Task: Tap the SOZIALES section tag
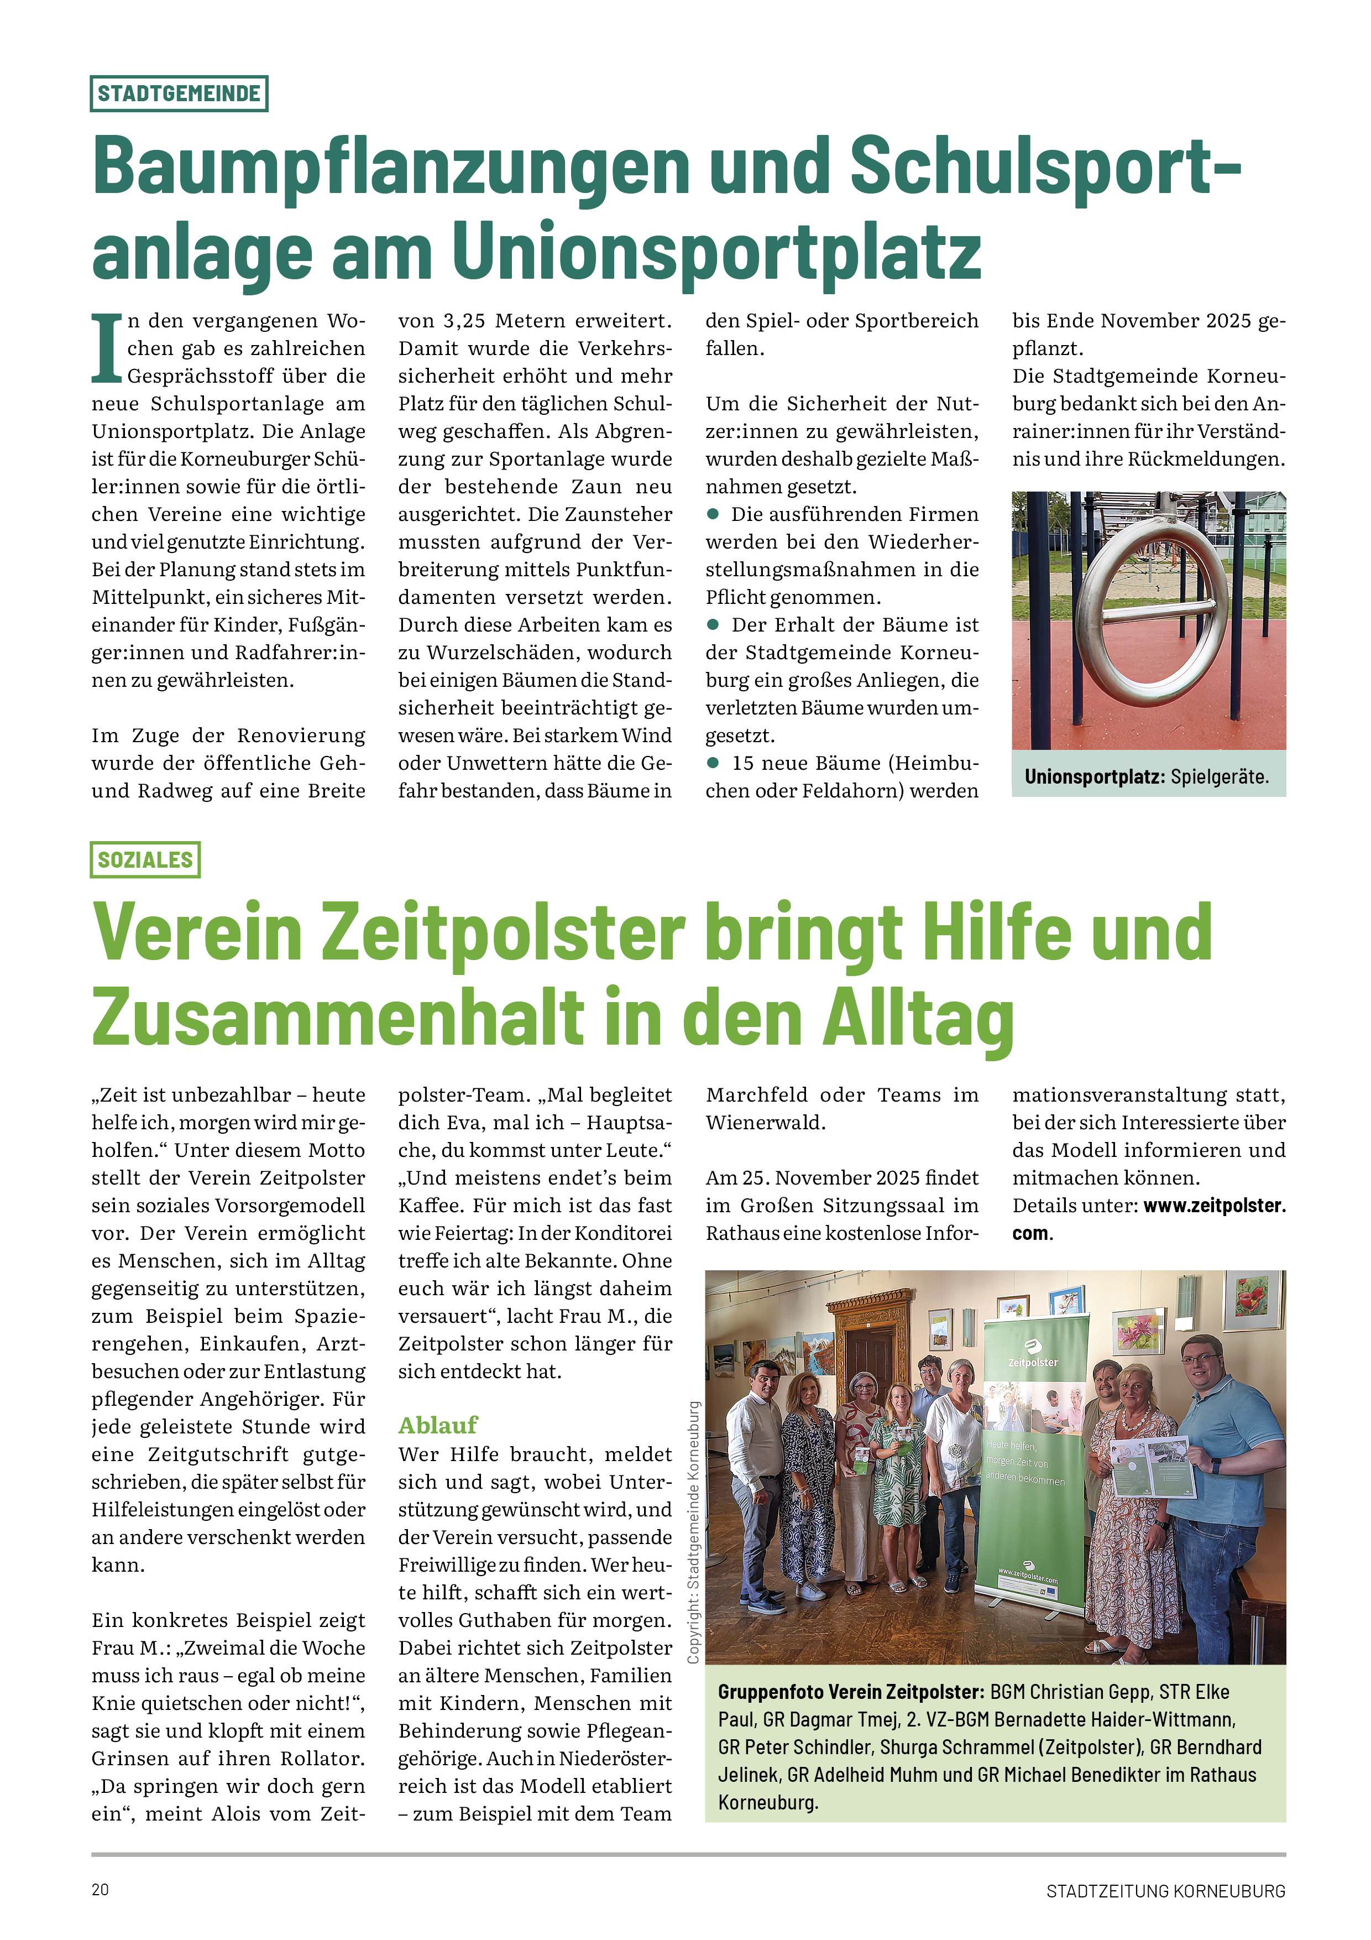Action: (x=145, y=859)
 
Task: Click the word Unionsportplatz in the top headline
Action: (x=716, y=251)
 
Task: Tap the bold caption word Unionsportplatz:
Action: (x=1094, y=776)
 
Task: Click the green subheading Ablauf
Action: (x=438, y=1426)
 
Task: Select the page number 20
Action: (x=101, y=1889)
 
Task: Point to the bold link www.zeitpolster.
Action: (x=1214, y=1205)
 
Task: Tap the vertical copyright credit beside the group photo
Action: (x=694, y=1533)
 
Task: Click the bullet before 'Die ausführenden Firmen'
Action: (x=713, y=514)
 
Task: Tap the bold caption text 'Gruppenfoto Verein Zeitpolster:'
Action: (x=851, y=1692)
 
